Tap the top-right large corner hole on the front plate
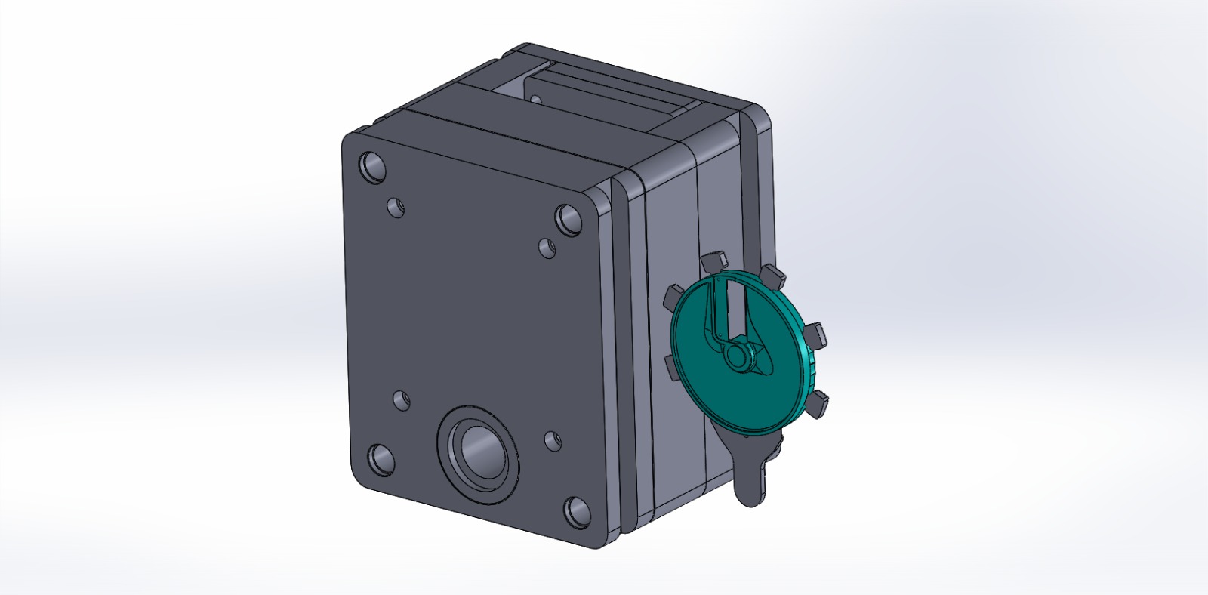[569, 220]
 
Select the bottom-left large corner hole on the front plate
[381, 458]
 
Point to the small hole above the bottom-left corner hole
[402, 399]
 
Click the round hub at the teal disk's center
[736, 356]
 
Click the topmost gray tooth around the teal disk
[713, 261]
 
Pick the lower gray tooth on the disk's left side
[671, 368]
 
